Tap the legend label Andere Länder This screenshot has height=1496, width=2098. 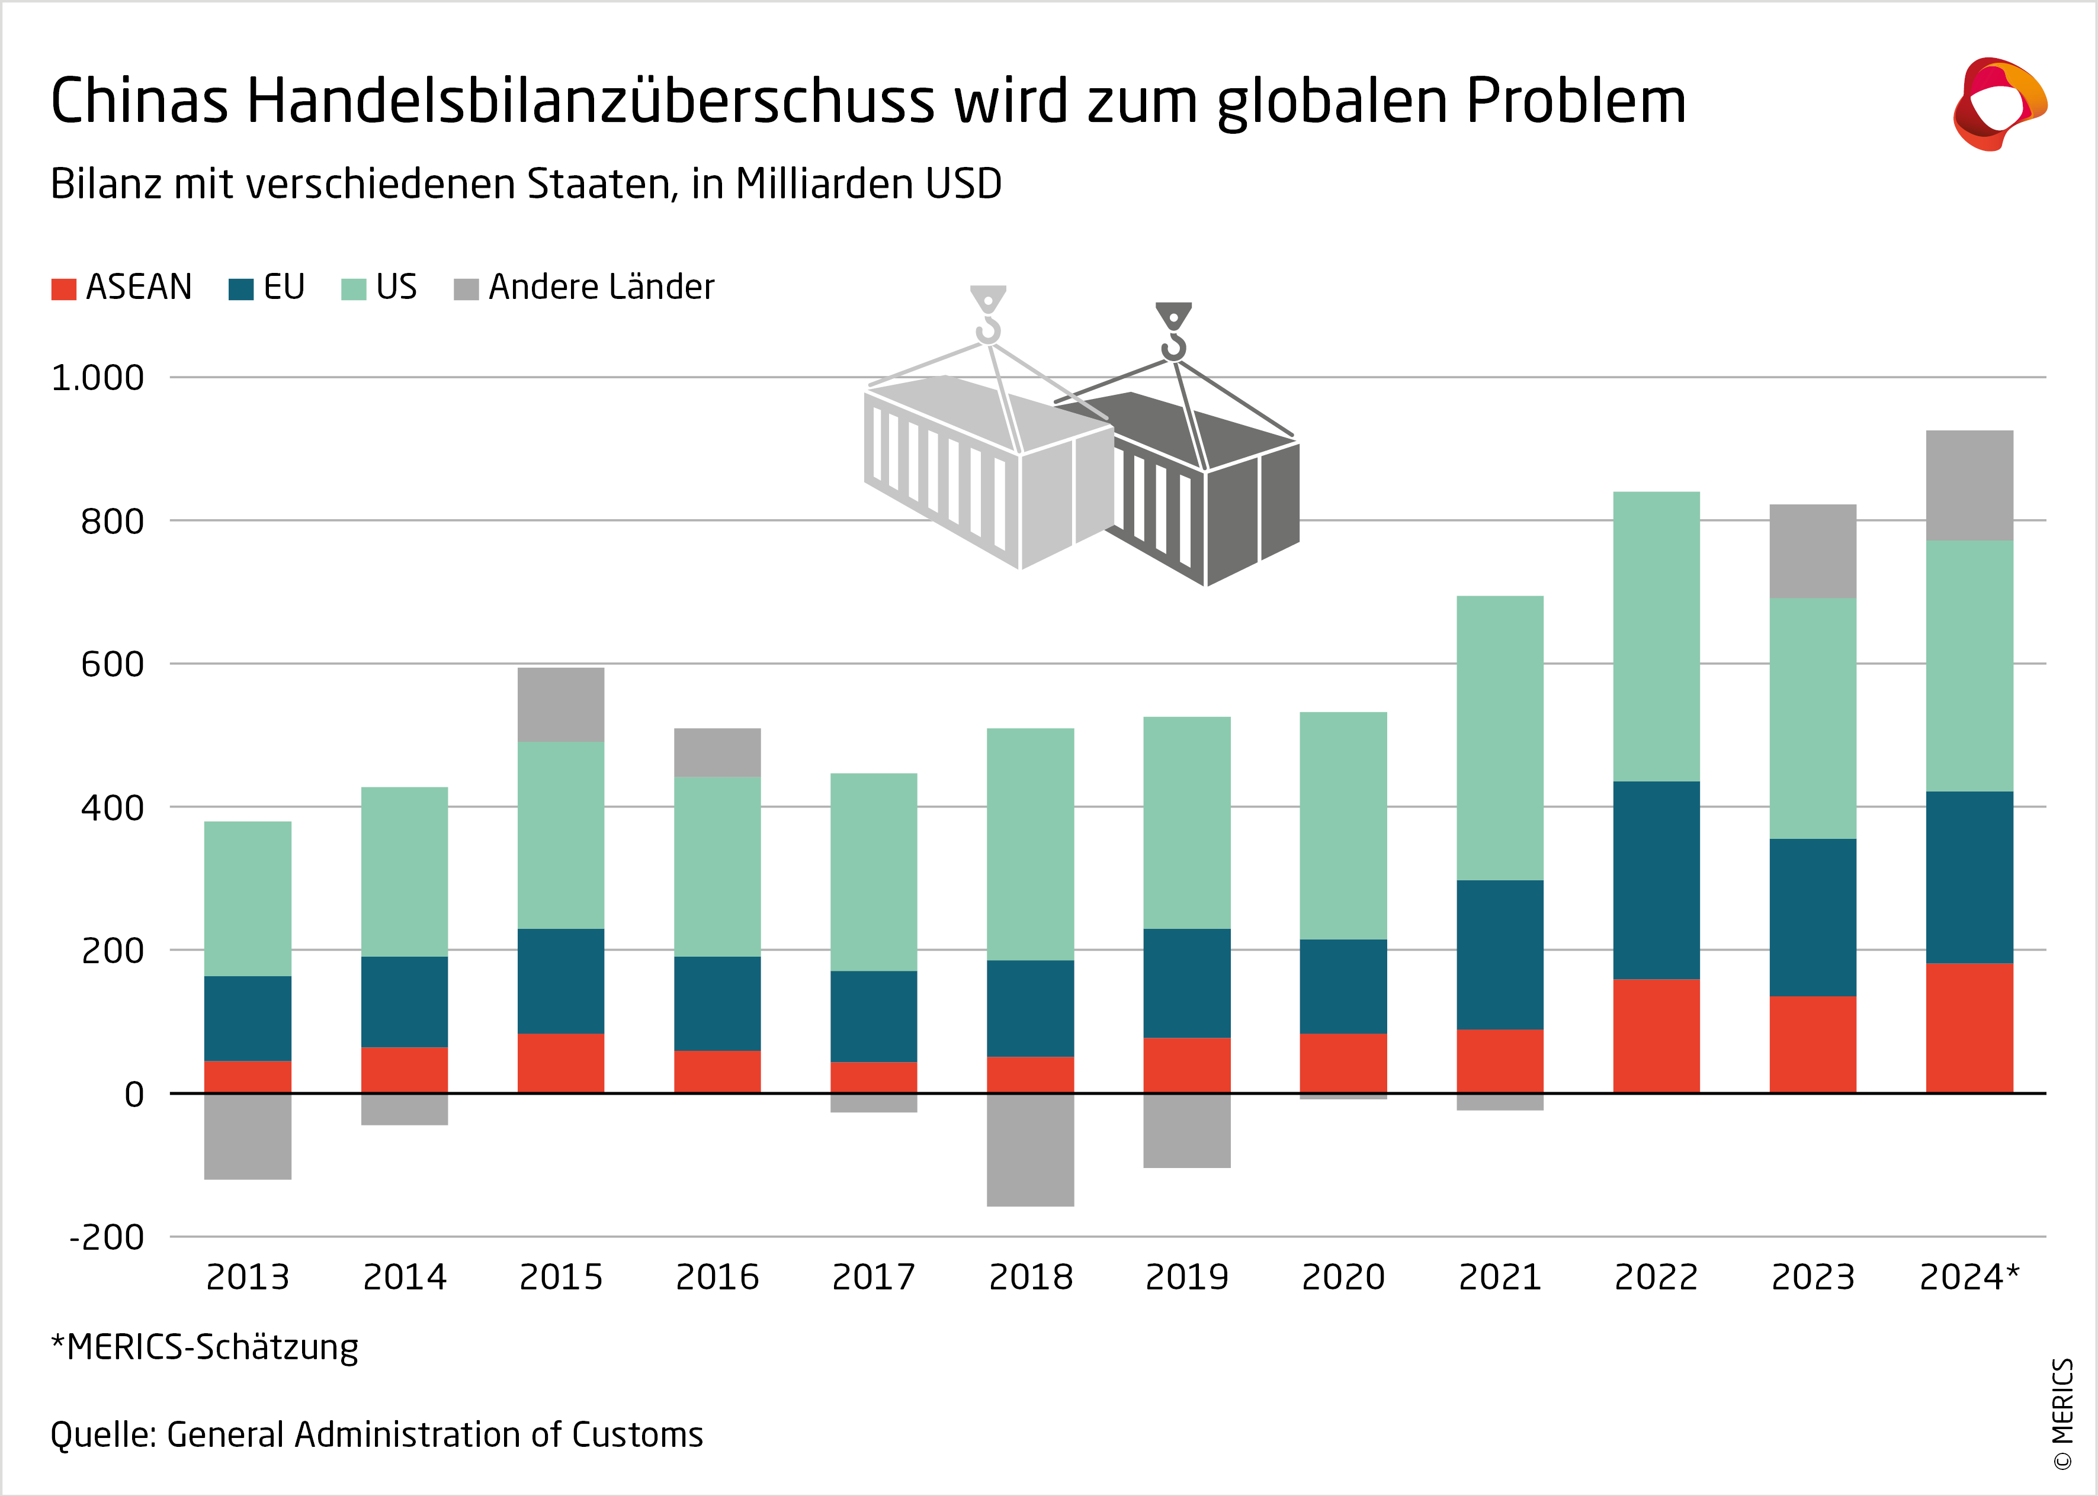[x=601, y=287]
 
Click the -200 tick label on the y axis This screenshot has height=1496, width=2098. [x=107, y=1237]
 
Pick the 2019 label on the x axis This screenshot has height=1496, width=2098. [x=1187, y=1277]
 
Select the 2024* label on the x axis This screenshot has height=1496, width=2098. [x=1969, y=1277]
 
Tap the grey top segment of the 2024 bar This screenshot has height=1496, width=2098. [x=1969, y=485]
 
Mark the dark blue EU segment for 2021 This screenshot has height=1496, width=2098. [x=1499, y=954]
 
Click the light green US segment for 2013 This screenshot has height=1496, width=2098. [x=248, y=898]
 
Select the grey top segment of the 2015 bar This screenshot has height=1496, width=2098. [x=560, y=704]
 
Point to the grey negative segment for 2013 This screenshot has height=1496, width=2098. [x=248, y=1136]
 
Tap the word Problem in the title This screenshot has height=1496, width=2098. [x=1576, y=101]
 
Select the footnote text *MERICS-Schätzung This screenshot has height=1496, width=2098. [x=204, y=1347]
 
